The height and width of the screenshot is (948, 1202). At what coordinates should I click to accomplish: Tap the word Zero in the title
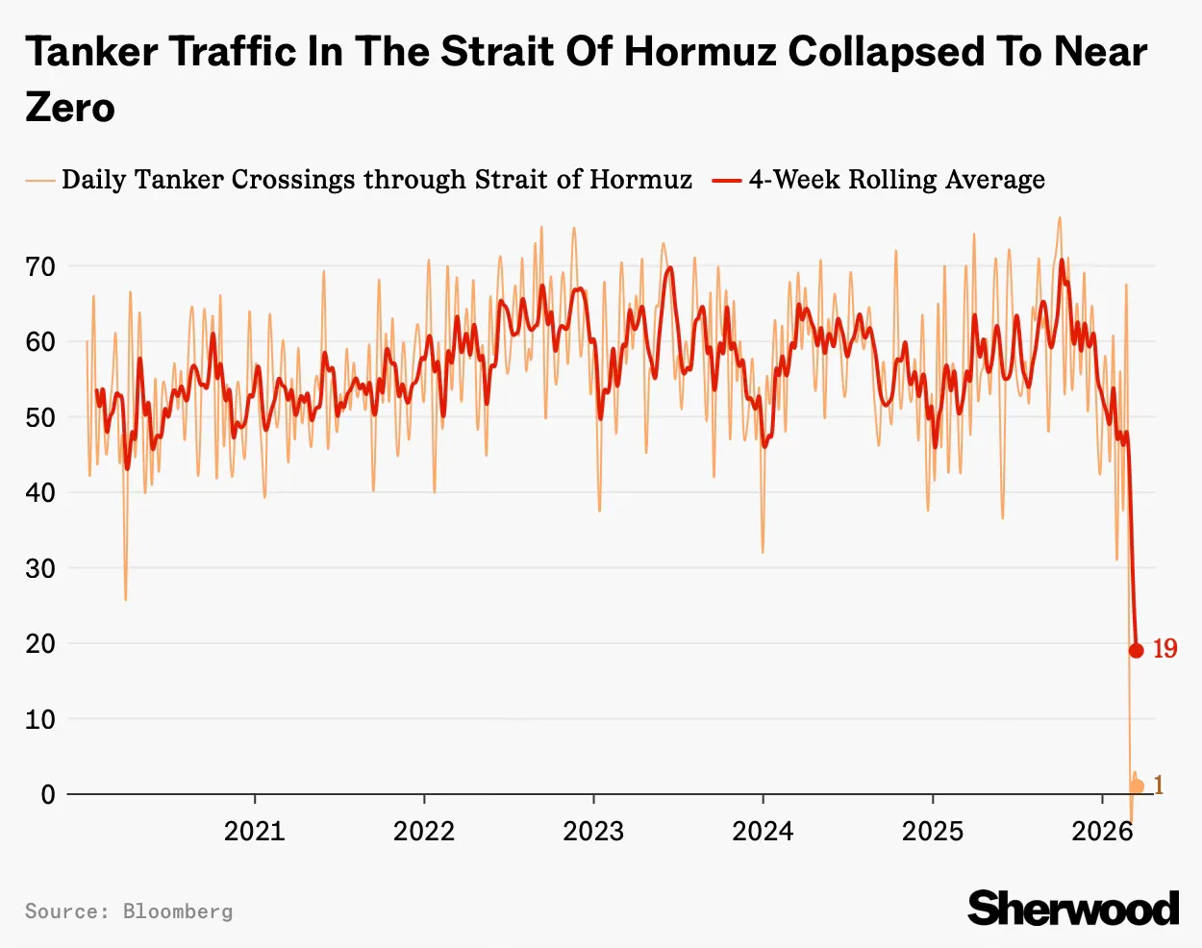(x=70, y=108)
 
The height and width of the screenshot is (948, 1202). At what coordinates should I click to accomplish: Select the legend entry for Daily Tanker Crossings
(x=376, y=180)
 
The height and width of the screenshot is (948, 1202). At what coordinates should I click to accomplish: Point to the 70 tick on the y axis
(x=40, y=266)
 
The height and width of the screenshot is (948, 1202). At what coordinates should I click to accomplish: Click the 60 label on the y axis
(x=40, y=342)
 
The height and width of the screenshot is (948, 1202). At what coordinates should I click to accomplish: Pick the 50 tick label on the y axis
(x=40, y=417)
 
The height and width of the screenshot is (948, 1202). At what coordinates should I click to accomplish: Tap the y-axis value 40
(x=40, y=492)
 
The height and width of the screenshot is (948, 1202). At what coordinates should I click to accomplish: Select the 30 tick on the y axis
(x=40, y=568)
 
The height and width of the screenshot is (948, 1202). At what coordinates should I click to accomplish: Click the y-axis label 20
(x=40, y=643)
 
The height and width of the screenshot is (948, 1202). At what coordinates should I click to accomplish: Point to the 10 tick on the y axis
(x=40, y=719)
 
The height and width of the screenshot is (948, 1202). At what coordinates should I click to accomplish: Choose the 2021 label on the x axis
(x=255, y=831)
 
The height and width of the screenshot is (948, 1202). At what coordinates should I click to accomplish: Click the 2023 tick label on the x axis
(x=593, y=831)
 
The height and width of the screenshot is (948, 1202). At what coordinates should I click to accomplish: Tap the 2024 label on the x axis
(x=763, y=831)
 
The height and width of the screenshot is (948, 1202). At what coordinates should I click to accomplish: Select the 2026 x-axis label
(x=1102, y=831)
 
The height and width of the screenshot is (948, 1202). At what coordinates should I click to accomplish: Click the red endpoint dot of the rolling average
(x=1136, y=651)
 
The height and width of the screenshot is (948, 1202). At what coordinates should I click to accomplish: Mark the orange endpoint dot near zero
(x=1137, y=786)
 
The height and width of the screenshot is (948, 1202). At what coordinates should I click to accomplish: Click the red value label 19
(x=1164, y=649)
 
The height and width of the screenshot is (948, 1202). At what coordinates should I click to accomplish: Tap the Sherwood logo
(x=1073, y=909)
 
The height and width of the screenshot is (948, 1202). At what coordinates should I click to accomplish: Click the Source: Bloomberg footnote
(x=129, y=911)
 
